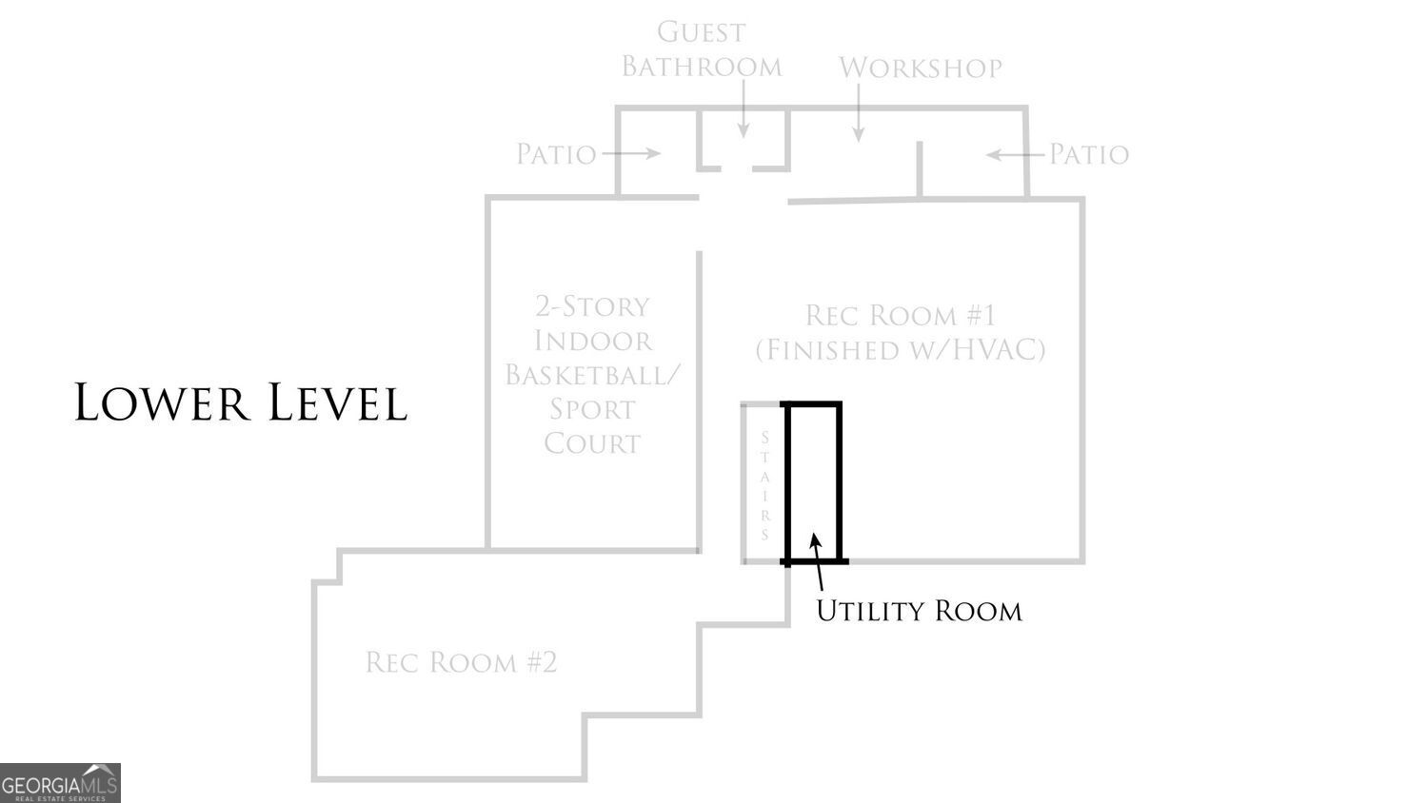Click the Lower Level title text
tap(241, 402)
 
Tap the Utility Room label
tap(919, 611)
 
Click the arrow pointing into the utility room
tap(817, 562)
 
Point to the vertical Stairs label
tap(765, 485)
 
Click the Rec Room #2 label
tap(462, 662)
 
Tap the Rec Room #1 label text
tap(901, 315)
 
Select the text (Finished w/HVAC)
tap(901, 350)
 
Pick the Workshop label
tap(920, 68)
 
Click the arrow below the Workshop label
tap(859, 113)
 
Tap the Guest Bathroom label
tap(702, 49)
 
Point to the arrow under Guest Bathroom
tap(744, 109)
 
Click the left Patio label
tap(556, 154)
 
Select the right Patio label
tap(1089, 154)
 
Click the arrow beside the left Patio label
tap(631, 153)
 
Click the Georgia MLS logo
tap(60, 783)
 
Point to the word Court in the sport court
tap(592, 443)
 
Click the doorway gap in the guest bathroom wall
tap(737, 169)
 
